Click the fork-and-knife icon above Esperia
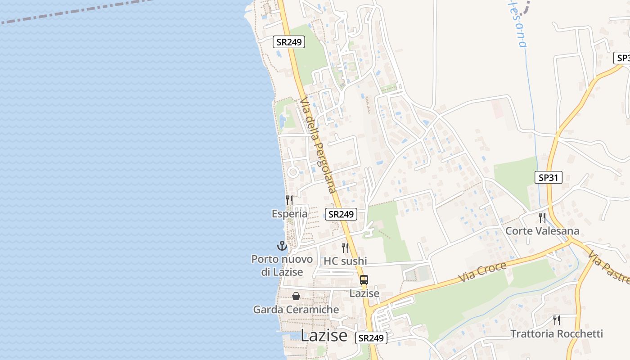(x=289, y=200)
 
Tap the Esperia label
(x=289, y=214)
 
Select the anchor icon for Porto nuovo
(x=282, y=246)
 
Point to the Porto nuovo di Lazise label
(x=282, y=265)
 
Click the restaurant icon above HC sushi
(x=345, y=248)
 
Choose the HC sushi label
(x=345, y=261)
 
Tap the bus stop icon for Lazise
(x=364, y=280)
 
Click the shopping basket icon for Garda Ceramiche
(x=296, y=296)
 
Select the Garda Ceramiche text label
(x=296, y=310)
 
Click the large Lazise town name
(x=324, y=336)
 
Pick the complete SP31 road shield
(x=549, y=177)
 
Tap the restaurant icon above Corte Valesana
(x=542, y=218)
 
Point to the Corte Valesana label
(x=542, y=231)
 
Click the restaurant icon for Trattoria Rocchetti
(x=557, y=320)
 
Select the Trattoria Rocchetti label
(x=557, y=334)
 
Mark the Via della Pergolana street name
(x=319, y=145)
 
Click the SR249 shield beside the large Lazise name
(x=371, y=338)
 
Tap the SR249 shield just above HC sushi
(x=341, y=214)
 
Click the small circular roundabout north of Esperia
(x=293, y=172)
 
